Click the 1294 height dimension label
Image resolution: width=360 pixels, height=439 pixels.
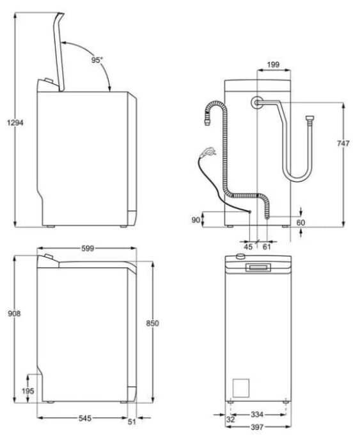point(15,123)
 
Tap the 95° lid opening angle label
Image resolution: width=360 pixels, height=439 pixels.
point(97,59)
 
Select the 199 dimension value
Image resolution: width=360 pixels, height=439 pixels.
point(273,65)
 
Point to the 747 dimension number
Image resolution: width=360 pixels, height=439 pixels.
point(343,143)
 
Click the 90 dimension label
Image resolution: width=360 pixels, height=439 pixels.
point(196,220)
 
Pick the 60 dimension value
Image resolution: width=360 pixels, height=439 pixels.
point(301,223)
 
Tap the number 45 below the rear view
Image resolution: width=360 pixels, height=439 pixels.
point(248,247)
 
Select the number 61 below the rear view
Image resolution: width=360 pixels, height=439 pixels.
point(267,247)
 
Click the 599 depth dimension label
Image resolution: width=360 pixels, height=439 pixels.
point(88,249)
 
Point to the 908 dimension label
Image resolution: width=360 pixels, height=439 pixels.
point(14,314)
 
